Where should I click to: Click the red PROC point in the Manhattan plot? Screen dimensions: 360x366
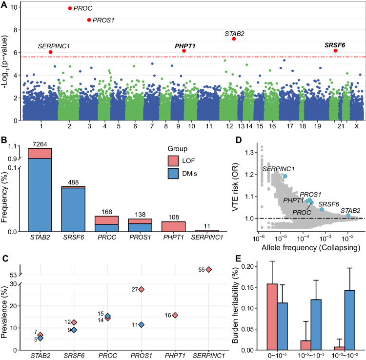click(x=70, y=8)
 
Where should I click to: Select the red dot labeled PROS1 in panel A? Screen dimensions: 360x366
click(x=89, y=20)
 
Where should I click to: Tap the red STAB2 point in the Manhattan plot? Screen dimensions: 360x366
click(x=234, y=39)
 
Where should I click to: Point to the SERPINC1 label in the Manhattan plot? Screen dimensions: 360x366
click(x=54, y=46)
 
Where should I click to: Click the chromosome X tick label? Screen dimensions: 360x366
click(x=357, y=126)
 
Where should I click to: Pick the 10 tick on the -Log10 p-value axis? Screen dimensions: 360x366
click(x=17, y=7)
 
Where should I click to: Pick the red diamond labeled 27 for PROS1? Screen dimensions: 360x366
click(x=142, y=289)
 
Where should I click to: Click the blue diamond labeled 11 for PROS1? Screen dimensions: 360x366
click(x=142, y=324)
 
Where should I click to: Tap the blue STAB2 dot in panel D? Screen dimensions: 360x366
click(x=348, y=215)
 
